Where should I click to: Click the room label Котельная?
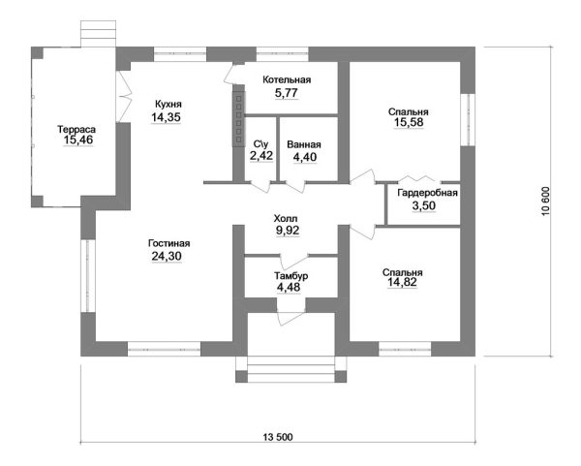tap(286, 79)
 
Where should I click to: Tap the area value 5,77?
tap(286, 94)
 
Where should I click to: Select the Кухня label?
tap(168, 104)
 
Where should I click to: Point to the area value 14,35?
tap(168, 117)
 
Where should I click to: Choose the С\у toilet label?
tap(260, 145)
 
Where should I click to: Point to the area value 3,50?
tap(422, 206)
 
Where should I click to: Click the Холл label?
tap(288, 218)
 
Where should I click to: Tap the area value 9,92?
tap(288, 232)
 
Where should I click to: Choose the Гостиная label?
tap(168, 243)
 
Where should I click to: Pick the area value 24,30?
tap(168, 257)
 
